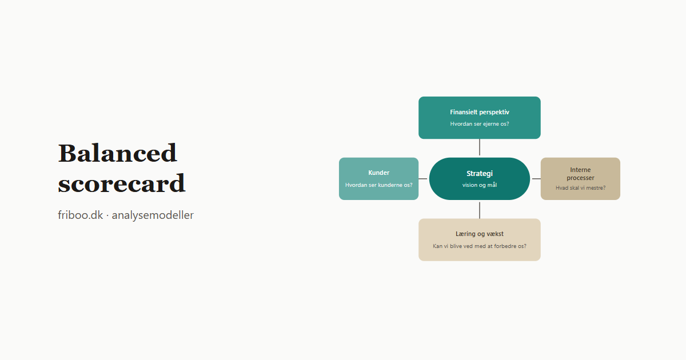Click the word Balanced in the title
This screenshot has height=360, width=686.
click(x=117, y=153)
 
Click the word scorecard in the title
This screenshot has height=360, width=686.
click(x=122, y=183)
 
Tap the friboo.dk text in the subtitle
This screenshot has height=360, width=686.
click(x=80, y=215)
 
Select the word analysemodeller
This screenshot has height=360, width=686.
click(x=153, y=215)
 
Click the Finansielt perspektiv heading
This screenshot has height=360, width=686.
click(x=480, y=113)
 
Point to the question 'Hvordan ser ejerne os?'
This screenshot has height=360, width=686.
click(x=480, y=124)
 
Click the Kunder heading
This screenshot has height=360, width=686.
click(x=379, y=173)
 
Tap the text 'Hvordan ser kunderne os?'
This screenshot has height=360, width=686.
click(x=379, y=185)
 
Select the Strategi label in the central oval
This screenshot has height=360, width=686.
click(x=480, y=174)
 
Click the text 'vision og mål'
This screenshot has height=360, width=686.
click(x=480, y=185)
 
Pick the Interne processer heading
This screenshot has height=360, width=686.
click(x=580, y=174)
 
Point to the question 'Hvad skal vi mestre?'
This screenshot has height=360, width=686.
click(x=581, y=188)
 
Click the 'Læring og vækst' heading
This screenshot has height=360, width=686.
click(x=480, y=234)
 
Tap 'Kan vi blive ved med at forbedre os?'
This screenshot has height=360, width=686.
click(x=480, y=246)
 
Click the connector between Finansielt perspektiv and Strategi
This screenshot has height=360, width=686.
click(x=480, y=147)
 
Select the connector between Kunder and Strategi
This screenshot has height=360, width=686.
click(x=422, y=179)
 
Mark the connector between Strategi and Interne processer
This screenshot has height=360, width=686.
click(x=536, y=179)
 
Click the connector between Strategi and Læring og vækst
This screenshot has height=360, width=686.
click(x=480, y=210)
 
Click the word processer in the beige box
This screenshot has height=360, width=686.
click(x=580, y=178)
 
